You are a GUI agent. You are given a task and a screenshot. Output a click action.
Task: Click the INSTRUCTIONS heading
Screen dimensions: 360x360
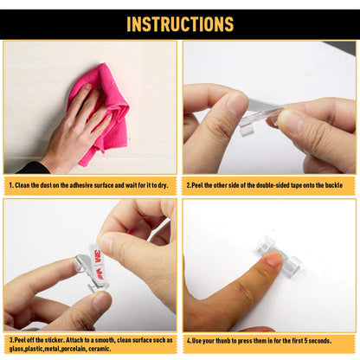tap(180, 24)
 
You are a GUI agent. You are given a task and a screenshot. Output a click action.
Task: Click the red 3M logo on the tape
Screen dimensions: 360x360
tap(98, 255)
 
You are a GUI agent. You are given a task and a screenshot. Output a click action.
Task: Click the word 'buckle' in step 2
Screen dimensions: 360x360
tap(334, 185)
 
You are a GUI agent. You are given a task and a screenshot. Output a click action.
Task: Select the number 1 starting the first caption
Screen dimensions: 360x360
tap(10, 185)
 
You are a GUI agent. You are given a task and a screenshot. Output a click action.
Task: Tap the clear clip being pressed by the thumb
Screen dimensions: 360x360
tap(279, 254)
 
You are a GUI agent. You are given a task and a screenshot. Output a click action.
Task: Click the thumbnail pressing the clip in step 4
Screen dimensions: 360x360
tap(274, 259)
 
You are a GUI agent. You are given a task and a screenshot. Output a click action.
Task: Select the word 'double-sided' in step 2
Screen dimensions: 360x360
tap(273, 185)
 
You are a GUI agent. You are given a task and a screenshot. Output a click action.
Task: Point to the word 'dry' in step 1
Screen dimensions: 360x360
tap(163, 185)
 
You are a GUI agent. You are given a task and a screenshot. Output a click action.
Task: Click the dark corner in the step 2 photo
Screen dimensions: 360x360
tap(344, 47)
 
